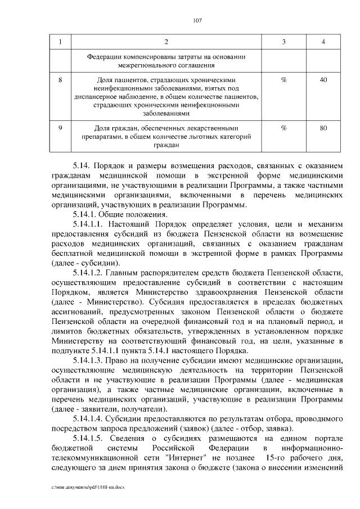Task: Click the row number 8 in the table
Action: (60, 80)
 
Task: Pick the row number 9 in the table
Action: (60, 128)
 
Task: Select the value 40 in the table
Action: (323, 80)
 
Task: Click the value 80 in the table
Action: (323, 128)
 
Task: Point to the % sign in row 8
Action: (283, 80)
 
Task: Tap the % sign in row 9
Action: (283, 128)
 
